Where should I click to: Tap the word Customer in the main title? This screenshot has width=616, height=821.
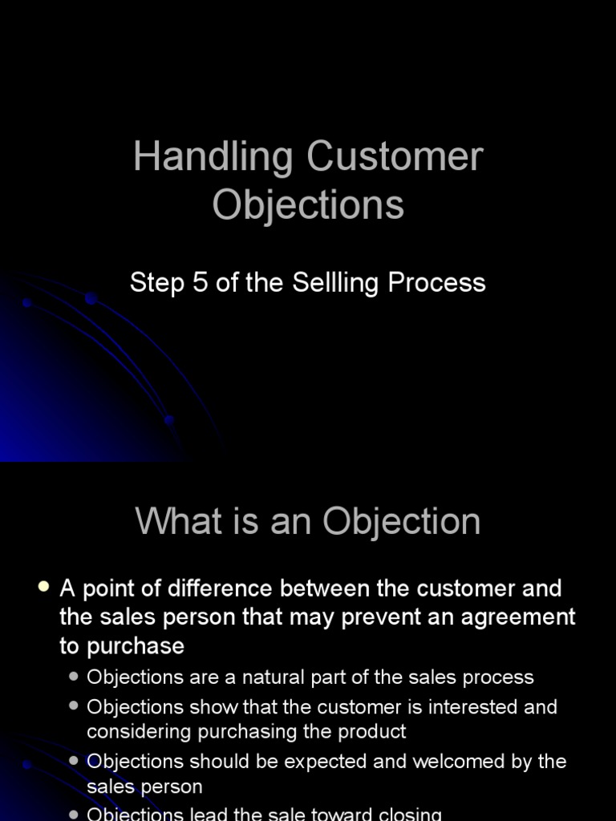(395, 157)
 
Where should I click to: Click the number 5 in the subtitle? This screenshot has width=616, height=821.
(200, 282)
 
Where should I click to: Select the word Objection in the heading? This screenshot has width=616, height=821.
(402, 523)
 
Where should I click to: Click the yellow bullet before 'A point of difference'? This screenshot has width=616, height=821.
(43, 588)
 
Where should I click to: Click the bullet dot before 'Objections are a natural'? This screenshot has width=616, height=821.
(74, 677)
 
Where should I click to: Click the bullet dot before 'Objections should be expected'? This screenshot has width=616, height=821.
(74, 761)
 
